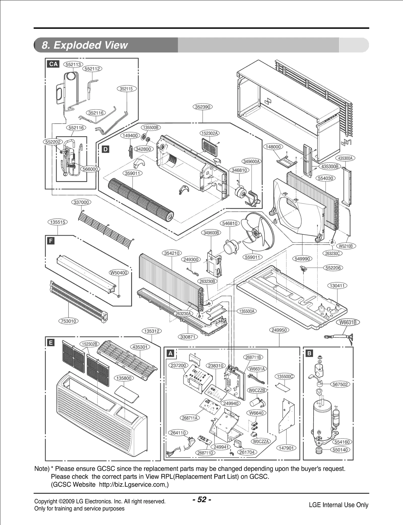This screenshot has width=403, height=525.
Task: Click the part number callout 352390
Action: click(x=203, y=107)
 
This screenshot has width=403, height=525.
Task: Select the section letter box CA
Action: click(x=53, y=64)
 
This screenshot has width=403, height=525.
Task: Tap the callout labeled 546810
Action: click(x=230, y=223)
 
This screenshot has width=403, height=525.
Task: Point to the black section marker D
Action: click(x=106, y=149)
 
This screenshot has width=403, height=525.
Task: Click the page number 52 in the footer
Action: click(x=201, y=500)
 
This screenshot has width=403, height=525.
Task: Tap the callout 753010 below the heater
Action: click(x=69, y=321)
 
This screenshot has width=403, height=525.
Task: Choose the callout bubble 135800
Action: click(x=124, y=378)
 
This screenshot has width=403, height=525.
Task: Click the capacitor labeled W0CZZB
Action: click(x=256, y=402)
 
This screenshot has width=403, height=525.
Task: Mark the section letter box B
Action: click(x=309, y=353)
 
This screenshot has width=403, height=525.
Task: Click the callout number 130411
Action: click(x=337, y=286)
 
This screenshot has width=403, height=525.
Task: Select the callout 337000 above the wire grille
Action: click(x=81, y=202)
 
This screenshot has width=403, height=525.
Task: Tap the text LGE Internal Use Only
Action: click(x=339, y=505)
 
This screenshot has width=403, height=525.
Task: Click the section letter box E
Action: click(x=51, y=343)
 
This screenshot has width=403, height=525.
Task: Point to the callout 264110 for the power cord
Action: click(x=178, y=433)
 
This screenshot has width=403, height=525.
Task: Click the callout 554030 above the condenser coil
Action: click(x=326, y=178)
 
